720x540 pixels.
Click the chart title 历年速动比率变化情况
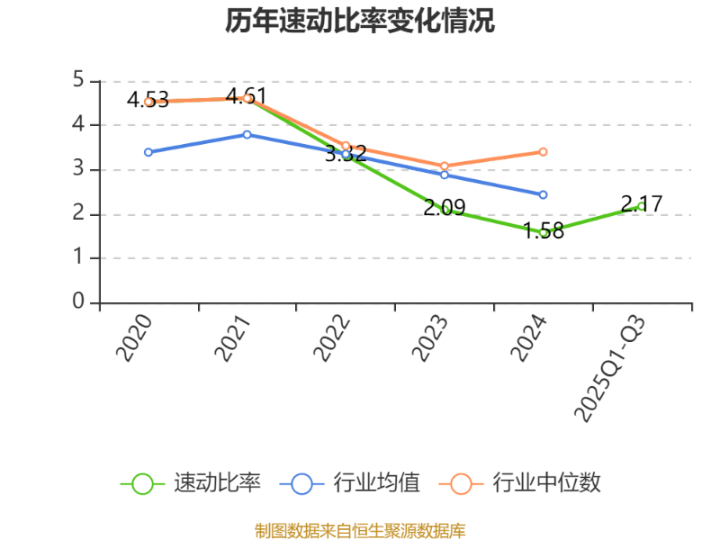coord(360,22)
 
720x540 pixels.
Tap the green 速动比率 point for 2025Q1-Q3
coord(642,206)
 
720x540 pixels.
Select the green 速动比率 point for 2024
coord(544,232)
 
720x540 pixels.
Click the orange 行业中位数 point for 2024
coord(544,152)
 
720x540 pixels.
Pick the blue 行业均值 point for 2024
coord(544,194)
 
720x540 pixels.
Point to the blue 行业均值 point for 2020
coord(148,152)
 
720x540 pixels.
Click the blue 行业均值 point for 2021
coord(247,134)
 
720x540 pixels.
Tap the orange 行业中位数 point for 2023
coord(445,166)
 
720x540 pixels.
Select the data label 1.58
coord(544,231)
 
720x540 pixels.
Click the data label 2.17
coord(642,203)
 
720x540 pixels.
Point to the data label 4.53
coord(148,99)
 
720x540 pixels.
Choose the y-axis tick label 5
coord(78,80)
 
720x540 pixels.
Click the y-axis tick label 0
coord(78,302)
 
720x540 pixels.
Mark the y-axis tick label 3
coord(78,169)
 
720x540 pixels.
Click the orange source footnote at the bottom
coord(360,530)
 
